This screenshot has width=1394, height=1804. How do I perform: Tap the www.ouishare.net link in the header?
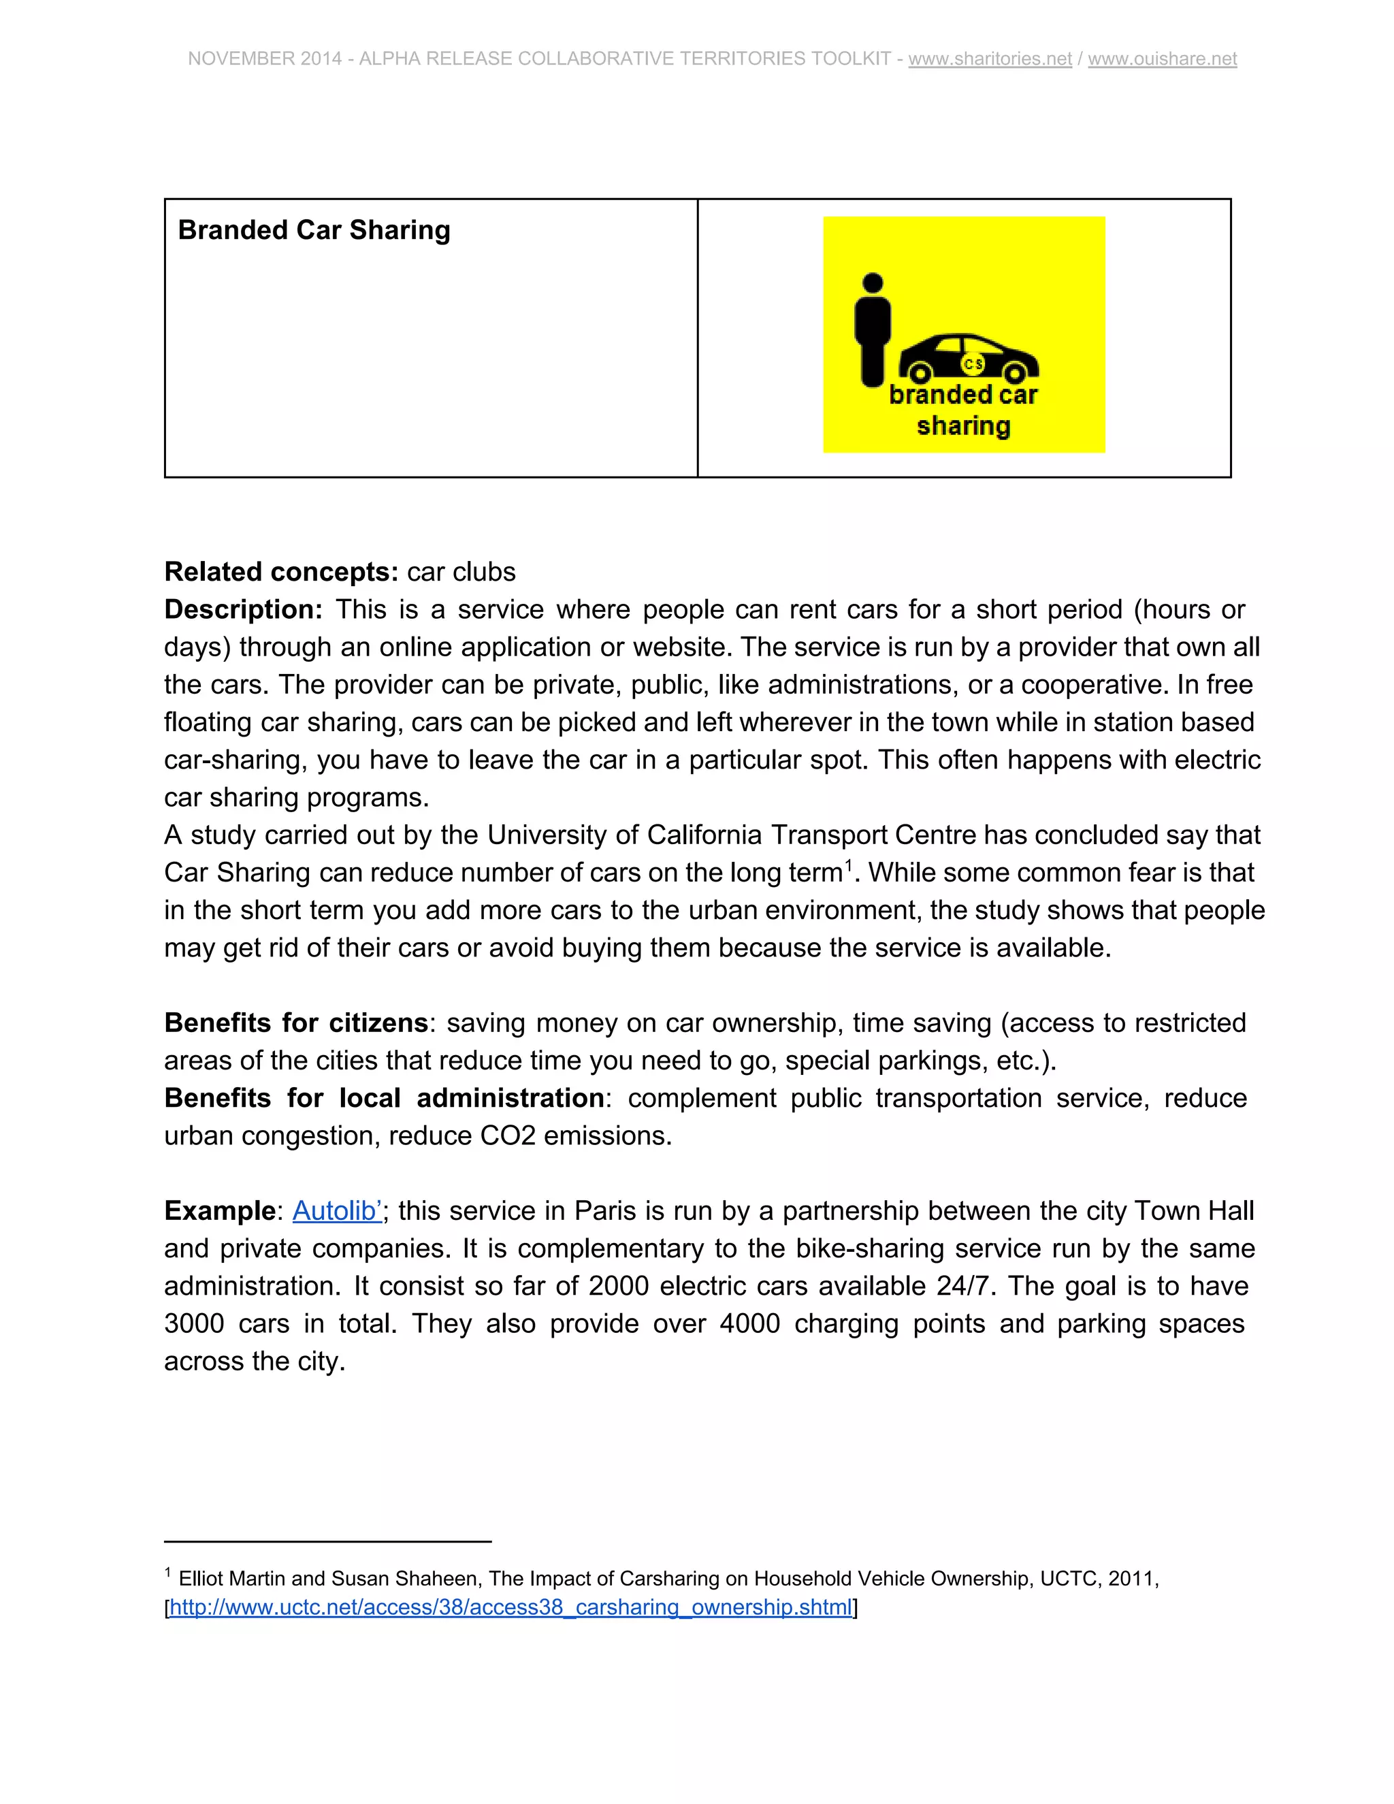pos(1161,59)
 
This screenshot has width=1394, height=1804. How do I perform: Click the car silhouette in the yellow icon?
pos(968,357)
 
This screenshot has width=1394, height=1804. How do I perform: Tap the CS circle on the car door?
pos(973,364)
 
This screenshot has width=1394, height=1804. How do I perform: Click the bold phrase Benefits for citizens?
pos(295,1022)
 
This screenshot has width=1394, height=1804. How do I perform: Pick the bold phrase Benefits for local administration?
pos(384,1098)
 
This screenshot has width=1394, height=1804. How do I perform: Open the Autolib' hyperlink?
pos(337,1211)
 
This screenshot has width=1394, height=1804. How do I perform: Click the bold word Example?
pos(219,1211)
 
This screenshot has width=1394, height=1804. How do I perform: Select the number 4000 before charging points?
pos(749,1324)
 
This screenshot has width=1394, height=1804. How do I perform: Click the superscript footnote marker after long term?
pos(848,863)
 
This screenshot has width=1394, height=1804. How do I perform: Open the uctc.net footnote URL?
pos(510,1607)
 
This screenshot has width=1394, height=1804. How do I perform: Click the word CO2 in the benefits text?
pos(508,1135)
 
